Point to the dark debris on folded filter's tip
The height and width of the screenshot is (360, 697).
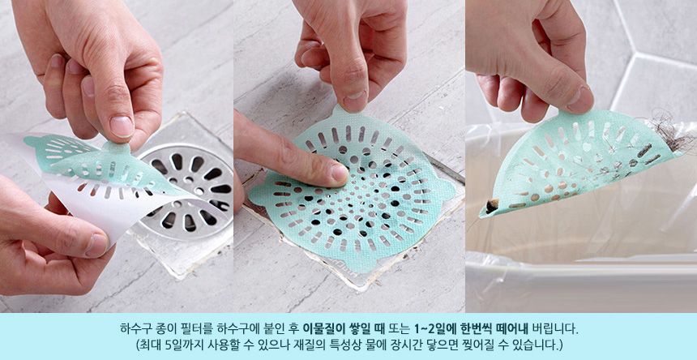[x=491, y=206]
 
